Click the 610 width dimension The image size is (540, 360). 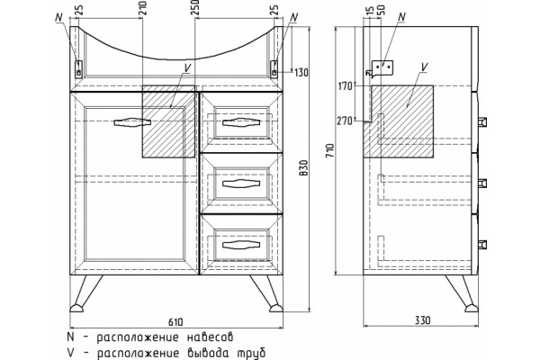[175, 322]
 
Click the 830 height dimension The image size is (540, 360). [304, 168]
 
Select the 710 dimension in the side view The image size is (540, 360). [329, 150]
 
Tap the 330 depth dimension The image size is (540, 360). [422, 320]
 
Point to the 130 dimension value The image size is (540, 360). [301, 73]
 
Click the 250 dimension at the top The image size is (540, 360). [195, 8]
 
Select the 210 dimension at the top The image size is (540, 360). [142, 9]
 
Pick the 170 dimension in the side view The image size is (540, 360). [346, 85]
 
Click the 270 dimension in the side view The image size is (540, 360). [345, 121]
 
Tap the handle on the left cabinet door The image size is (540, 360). [132, 122]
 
